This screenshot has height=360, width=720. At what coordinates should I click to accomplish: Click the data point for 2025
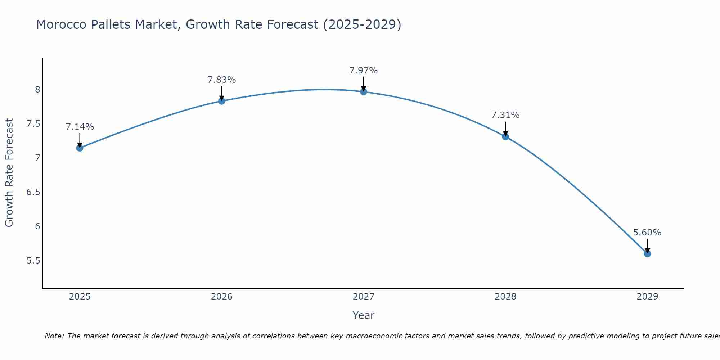(x=80, y=148)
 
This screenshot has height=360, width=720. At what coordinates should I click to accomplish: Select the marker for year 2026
(x=222, y=101)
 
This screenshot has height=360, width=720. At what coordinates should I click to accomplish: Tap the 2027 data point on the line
(x=364, y=92)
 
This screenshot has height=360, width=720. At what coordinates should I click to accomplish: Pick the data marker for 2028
(x=505, y=137)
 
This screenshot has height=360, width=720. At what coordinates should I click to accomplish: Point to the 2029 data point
(x=647, y=254)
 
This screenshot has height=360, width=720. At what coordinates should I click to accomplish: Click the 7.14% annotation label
(x=80, y=127)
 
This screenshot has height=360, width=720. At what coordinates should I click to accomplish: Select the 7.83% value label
(x=222, y=80)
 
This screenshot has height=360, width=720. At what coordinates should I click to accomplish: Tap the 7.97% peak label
(x=364, y=71)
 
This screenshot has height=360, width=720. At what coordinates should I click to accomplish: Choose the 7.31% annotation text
(x=505, y=115)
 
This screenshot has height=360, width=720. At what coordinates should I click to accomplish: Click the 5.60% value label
(x=647, y=233)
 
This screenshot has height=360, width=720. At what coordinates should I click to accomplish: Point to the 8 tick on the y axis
(x=37, y=90)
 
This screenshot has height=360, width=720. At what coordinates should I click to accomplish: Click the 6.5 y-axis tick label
(x=33, y=192)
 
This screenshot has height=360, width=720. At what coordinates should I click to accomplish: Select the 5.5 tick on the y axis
(x=33, y=261)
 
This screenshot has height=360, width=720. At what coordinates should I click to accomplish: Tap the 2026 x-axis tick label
(x=222, y=297)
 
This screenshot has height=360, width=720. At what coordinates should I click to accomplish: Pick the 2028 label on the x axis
(x=505, y=297)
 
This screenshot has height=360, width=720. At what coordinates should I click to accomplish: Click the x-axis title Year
(x=364, y=315)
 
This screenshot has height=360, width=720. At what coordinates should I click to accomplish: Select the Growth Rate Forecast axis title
(x=9, y=173)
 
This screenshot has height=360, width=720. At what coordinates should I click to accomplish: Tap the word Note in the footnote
(x=54, y=336)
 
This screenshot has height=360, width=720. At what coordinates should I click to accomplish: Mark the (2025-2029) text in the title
(x=362, y=24)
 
